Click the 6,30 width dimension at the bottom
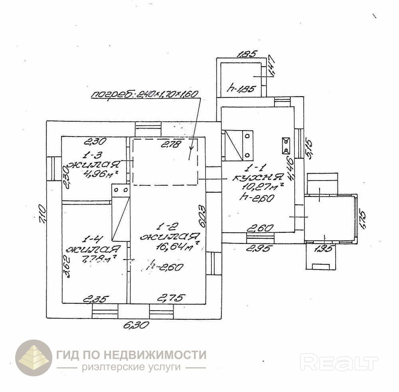pos(136,325)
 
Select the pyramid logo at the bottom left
pos(34,358)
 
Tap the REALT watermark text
pos(339,363)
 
